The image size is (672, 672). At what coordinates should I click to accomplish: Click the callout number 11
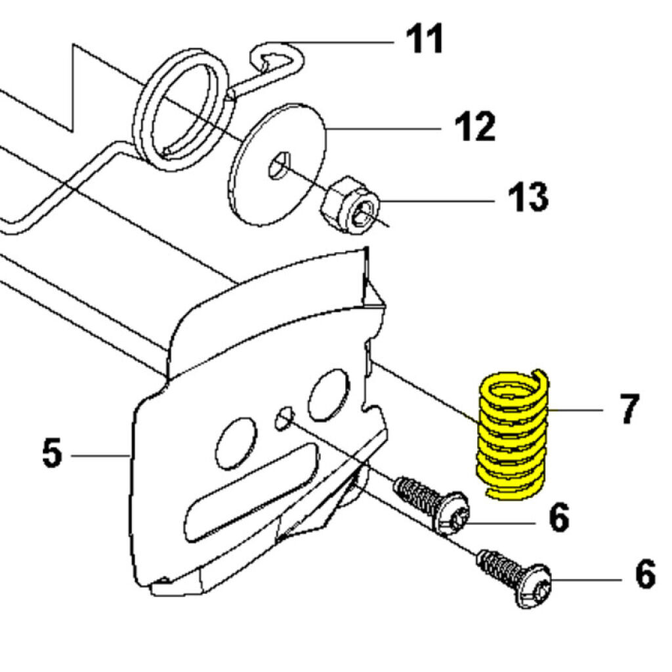point(425,39)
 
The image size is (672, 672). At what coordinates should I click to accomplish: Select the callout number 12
point(475,127)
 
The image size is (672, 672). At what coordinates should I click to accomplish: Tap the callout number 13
point(528,197)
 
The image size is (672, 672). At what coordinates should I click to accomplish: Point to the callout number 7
point(629,409)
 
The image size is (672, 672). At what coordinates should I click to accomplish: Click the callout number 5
point(52,453)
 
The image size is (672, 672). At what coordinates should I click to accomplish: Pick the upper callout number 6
point(559,518)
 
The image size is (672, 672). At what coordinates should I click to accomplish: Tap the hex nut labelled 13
point(350,205)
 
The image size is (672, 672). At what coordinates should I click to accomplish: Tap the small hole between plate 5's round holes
point(285,417)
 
